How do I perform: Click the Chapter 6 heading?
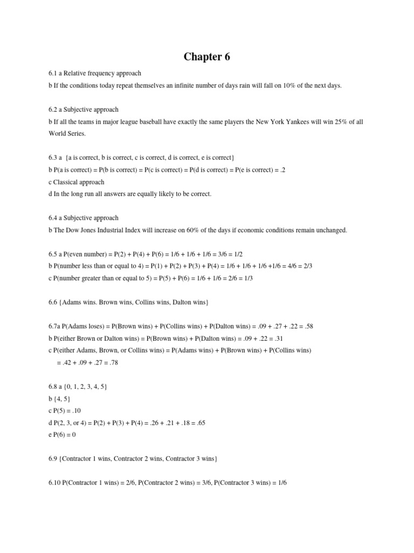click(207, 57)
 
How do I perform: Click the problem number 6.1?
click(53, 73)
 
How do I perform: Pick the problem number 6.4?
click(53, 218)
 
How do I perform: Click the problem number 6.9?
click(53, 458)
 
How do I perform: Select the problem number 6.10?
click(54, 482)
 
